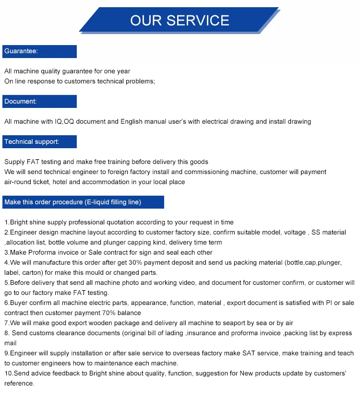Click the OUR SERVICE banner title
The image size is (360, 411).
[180, 20]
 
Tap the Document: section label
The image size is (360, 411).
[20, 102]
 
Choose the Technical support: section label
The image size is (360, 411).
[32, 142]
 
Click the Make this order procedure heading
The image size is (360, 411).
[72, 202]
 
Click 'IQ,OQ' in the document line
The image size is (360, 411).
[65, 122]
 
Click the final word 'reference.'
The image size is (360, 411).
[19, 384]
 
